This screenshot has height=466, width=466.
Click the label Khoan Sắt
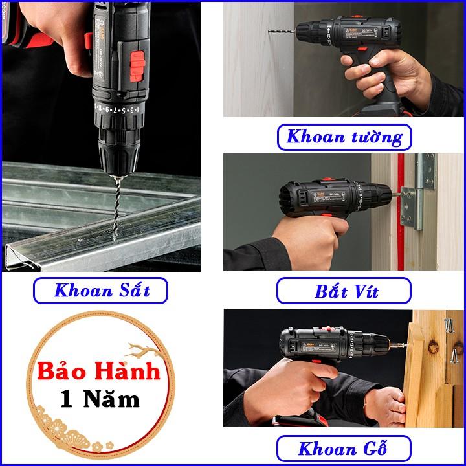click(x=102, y=290)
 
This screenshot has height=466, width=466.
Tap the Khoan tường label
click(x=344, y=137)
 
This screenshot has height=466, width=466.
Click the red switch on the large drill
click(x=137, y=66)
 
